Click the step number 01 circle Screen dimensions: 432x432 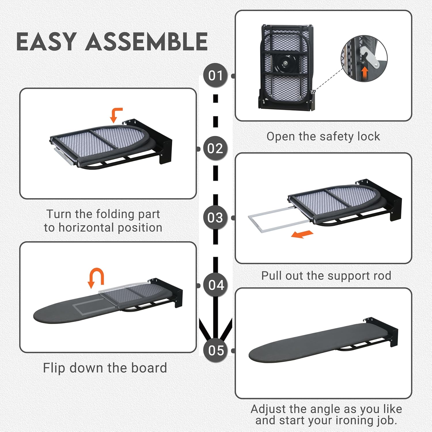click(x=215, y=75)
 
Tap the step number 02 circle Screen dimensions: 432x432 click(x=215, y=149)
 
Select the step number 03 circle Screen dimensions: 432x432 click(x=215, y=218)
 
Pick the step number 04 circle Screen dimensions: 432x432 click(x=216, y=285)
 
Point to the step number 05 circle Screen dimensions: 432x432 click(x=216, y=350)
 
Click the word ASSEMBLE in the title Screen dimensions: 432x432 click(x=147, y=41)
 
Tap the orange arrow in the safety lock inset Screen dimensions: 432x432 click(x=365, y=72)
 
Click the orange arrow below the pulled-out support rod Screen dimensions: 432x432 click(x=302, y=234)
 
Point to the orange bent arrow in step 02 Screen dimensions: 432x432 click(x=116, y=115)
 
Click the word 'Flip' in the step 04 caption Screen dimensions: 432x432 click(x=54, y=368)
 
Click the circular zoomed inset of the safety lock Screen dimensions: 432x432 click(x=364, y=58)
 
